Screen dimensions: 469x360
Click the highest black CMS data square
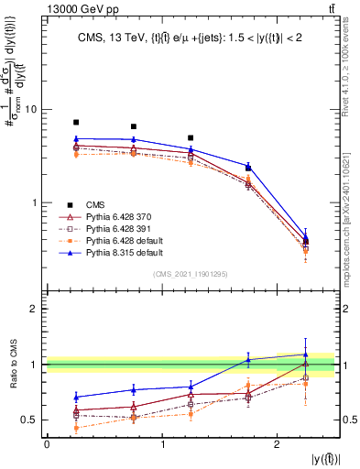coord(76,122)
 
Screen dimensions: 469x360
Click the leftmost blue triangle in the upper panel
coord(76,139)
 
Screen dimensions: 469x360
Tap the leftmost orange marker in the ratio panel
coord(76,428)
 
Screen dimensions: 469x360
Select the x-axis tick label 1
coord(162,444)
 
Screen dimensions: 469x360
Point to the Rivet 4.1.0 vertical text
coord(352,65)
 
